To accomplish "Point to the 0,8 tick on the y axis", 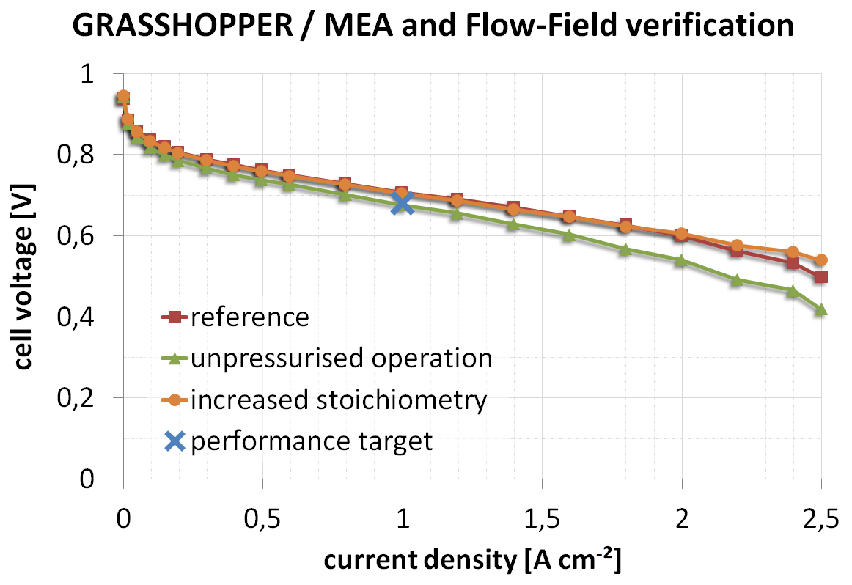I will [x=97, y=155].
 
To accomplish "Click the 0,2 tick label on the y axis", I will [x=97, y=398].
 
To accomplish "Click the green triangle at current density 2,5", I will [x=820, y=309].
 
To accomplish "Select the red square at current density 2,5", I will [x=820, y=276].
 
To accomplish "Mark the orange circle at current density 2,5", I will [x=820, y=260].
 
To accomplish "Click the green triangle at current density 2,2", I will [x=737, y=280].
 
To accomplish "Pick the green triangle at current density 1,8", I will [x=625, y=249].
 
